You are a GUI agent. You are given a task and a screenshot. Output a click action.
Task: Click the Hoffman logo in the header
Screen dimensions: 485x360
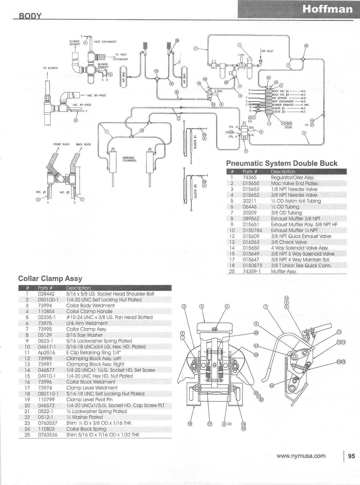pyautogui.click(x=327, y=10)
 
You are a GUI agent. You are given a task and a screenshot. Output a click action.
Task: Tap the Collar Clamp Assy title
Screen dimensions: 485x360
pyautogui.click(x=50, y=278)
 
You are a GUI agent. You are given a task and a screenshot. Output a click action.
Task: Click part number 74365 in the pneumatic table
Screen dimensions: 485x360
pyautogui.click(x=250, y=178)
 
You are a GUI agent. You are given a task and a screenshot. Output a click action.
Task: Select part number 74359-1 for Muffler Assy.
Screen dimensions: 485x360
pyautogui.click(x=251, y=271)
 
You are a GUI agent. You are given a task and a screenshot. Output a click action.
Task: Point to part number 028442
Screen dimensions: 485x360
pyautogui.click(x=46, y=294)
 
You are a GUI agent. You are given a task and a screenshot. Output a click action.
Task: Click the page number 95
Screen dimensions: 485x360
pyautogui.click(x=351, y=456)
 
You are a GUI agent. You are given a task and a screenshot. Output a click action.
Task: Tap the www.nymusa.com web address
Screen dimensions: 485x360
pyautogui.click(x=302, y=456)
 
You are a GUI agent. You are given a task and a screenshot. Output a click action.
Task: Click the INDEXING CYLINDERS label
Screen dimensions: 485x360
pyautogui.click(x=130, y=159)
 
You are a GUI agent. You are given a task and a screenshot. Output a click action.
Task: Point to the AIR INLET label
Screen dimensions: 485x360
pyautogui.click(x=267, y=51)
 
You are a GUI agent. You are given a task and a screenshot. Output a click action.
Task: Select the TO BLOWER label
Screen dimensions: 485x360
pyautogui.click(x=50, y=68)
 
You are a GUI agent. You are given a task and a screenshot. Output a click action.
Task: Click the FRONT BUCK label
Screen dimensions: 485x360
pyautogui.click(x=61, y=144)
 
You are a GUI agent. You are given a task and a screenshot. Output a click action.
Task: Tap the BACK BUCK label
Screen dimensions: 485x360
pyautogui.click(x=83, y=144)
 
